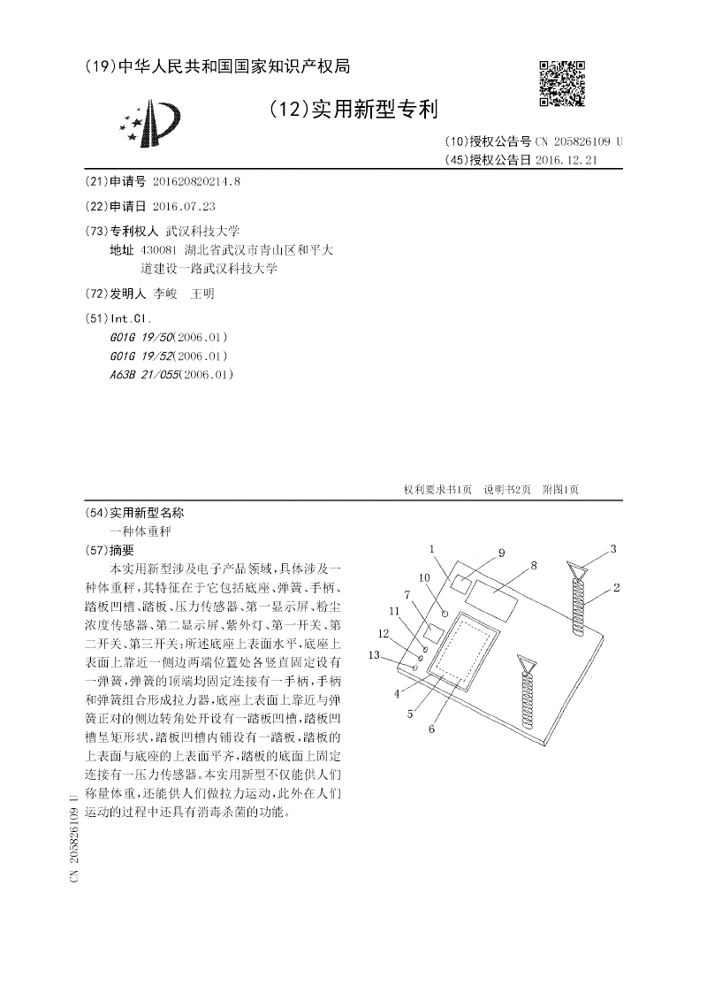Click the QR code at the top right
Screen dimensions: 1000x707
click(x=562, y=83)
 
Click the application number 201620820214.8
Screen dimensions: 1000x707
click(x=196, y=180)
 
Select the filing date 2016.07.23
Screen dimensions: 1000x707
click(x=184, y=206)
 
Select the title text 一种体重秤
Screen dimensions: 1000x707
click(x=140, y=531)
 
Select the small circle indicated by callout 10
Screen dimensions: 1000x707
click(x=445, y=613)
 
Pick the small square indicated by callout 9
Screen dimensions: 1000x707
click(x=460, y=583)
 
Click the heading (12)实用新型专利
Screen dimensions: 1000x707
click(x=353, y=109)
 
